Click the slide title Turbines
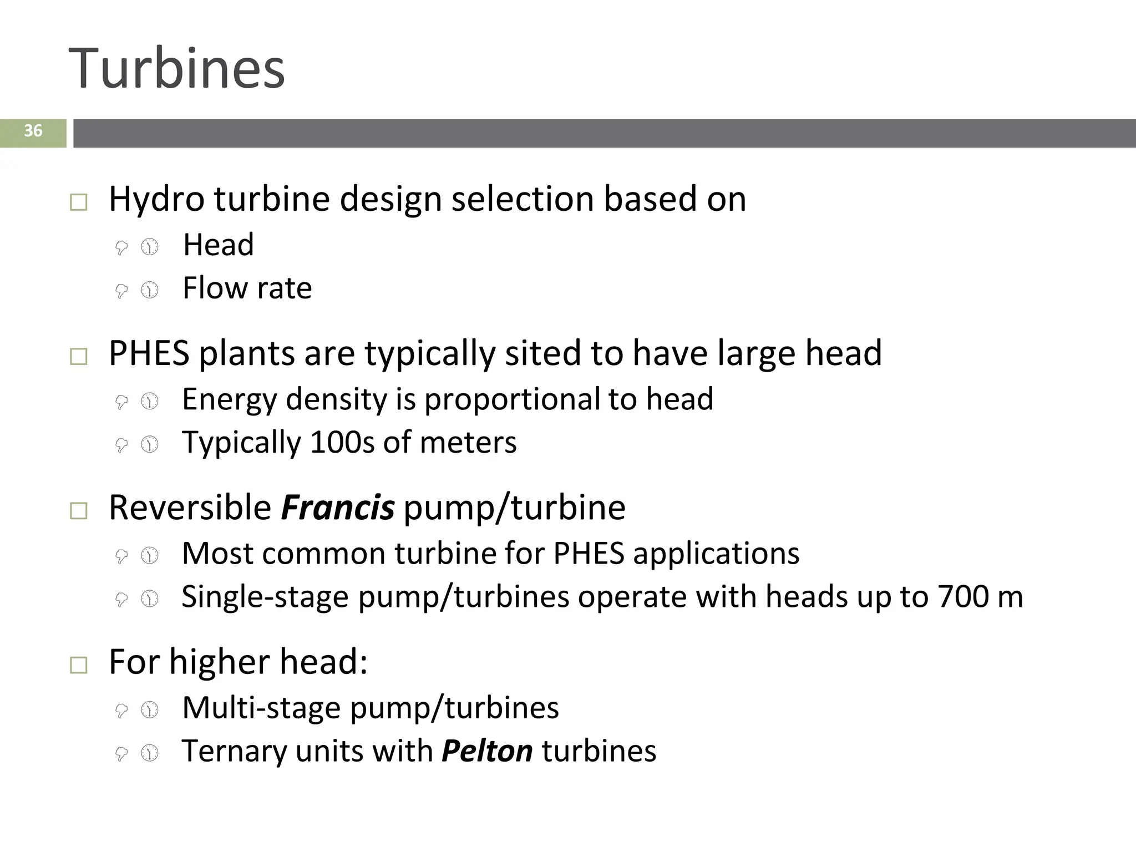(176, 69)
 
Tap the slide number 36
(33, 131)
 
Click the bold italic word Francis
(337, 508)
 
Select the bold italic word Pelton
(487, 751)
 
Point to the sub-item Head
(219, 245)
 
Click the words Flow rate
(247, 288)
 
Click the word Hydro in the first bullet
(156, 199)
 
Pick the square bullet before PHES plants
(79, 357)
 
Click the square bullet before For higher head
(79, 665)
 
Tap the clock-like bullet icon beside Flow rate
(150, 290)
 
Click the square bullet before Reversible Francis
(79, 511)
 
